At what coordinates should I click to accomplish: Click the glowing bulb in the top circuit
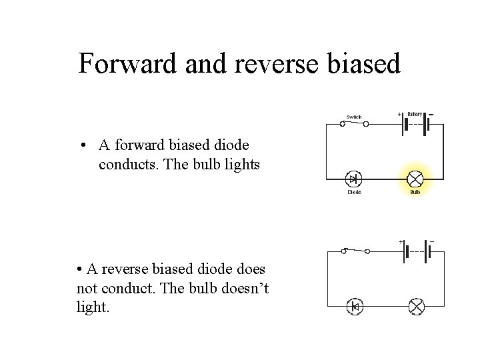[415, 179]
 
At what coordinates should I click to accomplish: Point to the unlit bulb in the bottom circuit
[417, 307]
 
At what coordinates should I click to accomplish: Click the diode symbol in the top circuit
[353, 179]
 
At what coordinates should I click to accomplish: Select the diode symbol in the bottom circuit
[354, 307]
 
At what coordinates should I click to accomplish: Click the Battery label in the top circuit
[415, 114]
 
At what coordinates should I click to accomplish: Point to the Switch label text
[353, 117]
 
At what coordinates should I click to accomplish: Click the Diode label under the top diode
[354, 192]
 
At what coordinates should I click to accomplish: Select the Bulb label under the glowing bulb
[415, 192]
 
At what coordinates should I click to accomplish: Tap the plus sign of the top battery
[399, 114]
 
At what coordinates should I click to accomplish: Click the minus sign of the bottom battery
[431, 241]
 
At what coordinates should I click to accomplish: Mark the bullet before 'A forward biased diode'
[81, 146]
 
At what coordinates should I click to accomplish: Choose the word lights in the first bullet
[241, 164]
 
